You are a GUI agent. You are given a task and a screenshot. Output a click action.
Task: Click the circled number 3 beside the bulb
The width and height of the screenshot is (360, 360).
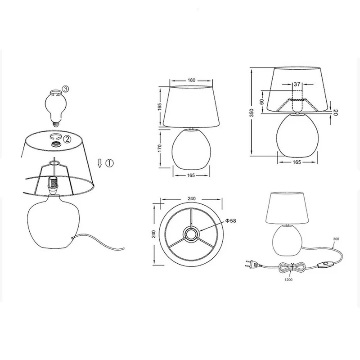[x=65, y=89]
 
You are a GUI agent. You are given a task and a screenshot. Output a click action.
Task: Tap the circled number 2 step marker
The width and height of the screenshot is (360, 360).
[x=67, y=139]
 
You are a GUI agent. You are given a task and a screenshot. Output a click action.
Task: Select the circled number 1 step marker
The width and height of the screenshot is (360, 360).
[x=109, y=163]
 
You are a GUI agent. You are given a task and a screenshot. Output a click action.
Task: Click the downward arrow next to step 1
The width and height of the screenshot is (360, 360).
[x=99, y=163]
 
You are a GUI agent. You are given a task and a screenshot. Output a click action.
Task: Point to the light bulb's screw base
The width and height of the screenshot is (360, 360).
[x=56, y=124]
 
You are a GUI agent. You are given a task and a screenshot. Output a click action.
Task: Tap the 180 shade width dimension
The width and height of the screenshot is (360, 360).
[x=191, y=80]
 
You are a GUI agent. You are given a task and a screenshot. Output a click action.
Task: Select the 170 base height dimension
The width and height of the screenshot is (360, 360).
[x=160, y=148]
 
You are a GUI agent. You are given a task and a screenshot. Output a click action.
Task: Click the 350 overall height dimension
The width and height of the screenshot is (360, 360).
[x=252, y=113]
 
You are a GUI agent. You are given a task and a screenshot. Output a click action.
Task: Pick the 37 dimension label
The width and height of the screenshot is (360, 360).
[x=297, y=84]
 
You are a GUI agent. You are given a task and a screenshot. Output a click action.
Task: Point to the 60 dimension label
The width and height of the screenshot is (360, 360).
[x=262, y=102]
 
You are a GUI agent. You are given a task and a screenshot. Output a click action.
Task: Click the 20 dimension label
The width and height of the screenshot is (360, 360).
[x=335, y=112]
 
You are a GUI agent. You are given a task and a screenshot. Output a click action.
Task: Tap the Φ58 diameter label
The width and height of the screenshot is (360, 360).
[x=230, y=221]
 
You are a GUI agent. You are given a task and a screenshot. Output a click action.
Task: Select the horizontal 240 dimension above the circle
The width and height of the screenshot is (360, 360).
[x=192, y=198]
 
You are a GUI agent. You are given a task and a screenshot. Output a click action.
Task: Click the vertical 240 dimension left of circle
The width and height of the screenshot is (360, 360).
[x=153, y=234]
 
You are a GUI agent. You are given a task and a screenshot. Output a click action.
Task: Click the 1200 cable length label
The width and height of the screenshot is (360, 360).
[x=288, y=279]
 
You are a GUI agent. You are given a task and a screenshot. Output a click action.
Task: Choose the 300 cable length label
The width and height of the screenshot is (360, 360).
[x=336, y=239]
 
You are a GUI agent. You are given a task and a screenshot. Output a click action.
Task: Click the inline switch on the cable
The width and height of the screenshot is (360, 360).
[x=323, y=264]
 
